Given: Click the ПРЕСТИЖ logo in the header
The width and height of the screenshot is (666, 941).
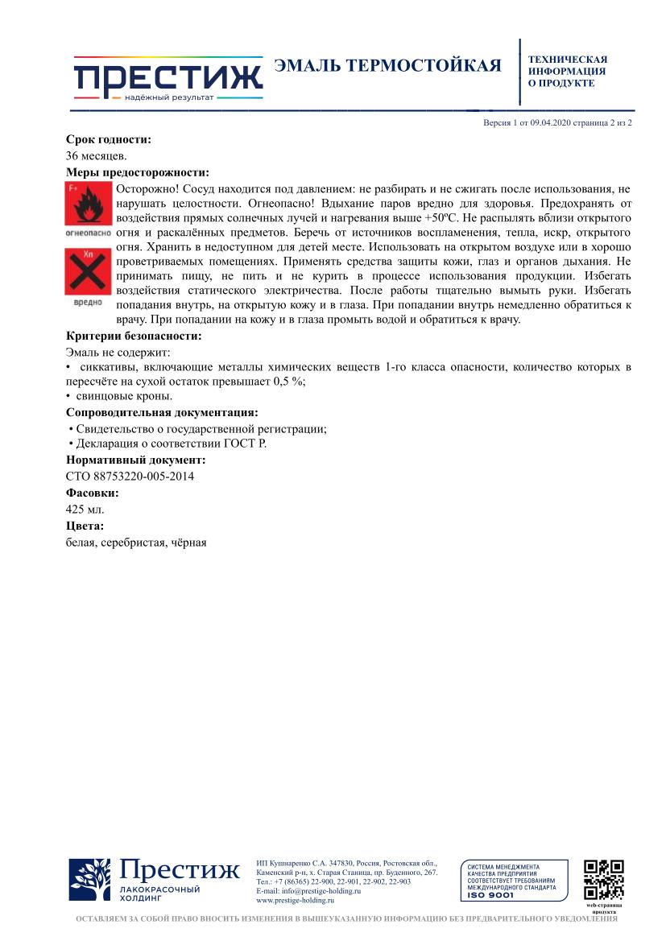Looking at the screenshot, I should click(168, 79).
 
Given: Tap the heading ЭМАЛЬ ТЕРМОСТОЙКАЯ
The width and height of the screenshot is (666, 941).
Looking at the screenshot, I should click(387, 66).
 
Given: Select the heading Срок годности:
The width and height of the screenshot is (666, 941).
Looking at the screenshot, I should click(108, 140).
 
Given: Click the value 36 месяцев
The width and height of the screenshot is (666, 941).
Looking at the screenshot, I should click(96, 155).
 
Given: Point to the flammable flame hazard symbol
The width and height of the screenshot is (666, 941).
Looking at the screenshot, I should click(87, 204).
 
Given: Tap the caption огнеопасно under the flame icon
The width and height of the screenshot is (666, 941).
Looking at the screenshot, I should click(88, 233).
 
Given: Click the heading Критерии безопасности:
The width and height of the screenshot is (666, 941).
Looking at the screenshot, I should click(133, 336).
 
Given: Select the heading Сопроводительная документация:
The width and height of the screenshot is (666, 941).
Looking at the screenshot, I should click(162, 413).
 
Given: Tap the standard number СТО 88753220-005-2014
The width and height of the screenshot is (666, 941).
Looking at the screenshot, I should click(130, 476).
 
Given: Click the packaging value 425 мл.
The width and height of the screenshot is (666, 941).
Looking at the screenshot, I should click(85, 509).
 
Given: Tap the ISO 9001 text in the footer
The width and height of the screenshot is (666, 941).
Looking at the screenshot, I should click(490, 895).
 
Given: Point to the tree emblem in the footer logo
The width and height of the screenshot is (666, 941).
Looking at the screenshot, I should click(89, 880).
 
